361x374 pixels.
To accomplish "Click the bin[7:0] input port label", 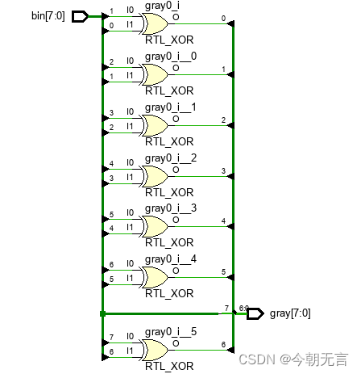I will pos(48,16).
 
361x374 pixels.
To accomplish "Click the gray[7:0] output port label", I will pos(290,313).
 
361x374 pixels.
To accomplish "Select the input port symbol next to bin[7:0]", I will pos(81,16).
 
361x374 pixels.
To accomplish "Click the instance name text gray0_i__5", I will pos(171,331).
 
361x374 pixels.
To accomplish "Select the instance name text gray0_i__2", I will pos(171,158).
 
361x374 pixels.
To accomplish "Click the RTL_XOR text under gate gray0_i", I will pos(169,40).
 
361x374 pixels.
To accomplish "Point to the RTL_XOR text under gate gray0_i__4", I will pos(169,293).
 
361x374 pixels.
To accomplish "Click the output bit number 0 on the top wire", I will pos(222,18).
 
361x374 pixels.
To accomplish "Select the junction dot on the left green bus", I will pos(102,313).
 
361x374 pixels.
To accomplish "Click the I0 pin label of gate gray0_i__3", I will pos(131,216).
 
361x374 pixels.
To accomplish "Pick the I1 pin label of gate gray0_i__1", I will pos(131,127).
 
